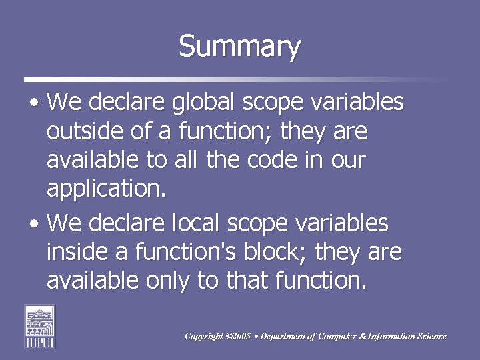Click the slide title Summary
[x=240, y=47]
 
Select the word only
[x=167, y=281]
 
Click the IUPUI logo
[x=39, y=326]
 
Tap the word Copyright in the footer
[x=204, y=337]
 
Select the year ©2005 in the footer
[x=239, y=337]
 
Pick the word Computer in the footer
[x=337, y=337]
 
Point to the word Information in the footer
[x=394, y=337]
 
